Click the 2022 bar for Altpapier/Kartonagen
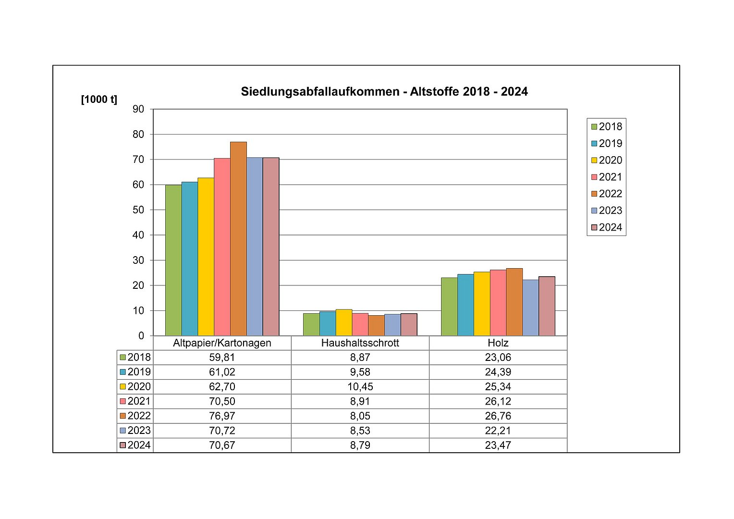tap(238, 239)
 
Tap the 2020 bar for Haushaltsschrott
tap(344, 322)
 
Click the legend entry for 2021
tap(607, 177)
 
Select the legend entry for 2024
tap(607, 227)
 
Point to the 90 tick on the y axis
tap(138, 109)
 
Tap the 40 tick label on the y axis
tap(138, 235)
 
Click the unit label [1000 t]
tap(99, 99)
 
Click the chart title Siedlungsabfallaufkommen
tap(384, 91)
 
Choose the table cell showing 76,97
tap(222, 416)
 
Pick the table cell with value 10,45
tap(360, 386)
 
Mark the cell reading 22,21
tap(498, 431)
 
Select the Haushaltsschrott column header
tap(360, 343)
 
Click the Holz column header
tap(498, 343)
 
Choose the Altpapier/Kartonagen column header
tap(222, 343)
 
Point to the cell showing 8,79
tap(360, 445)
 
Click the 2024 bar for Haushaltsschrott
tap(409, 324)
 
